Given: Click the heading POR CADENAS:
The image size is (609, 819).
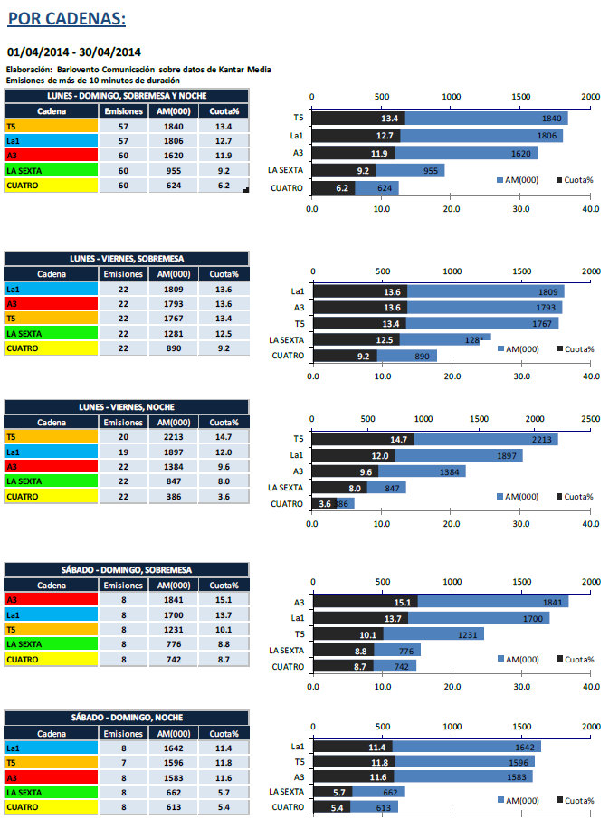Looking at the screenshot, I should coord(66,19).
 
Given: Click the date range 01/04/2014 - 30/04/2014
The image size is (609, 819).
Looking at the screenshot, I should coord(73,52).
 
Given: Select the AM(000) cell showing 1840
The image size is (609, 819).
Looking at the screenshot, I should coord(173,127).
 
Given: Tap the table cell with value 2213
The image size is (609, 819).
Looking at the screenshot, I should coord(173,437).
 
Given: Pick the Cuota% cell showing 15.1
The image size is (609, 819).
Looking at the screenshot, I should coord(224,599).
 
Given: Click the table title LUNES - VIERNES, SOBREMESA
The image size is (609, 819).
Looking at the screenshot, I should coord(125,259).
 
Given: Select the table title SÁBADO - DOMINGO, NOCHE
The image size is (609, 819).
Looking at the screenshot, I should coord(125,717).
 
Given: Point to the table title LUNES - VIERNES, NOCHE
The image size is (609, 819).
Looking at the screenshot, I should coord(125,406).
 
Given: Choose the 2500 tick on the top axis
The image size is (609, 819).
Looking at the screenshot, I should coord(591,418).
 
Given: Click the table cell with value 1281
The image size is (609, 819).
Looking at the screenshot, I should coord(173,334).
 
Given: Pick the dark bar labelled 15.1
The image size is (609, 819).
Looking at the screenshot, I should coord(365,602).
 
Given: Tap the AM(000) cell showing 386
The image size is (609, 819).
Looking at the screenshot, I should coord(173,496).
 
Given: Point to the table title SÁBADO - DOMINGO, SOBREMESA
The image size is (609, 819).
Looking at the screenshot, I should coord(125,568).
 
